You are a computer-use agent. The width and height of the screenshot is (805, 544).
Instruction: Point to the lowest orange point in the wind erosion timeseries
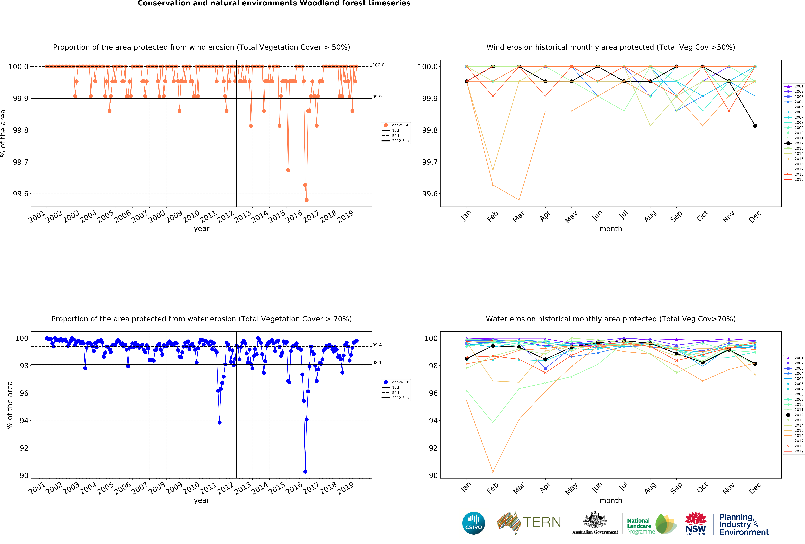306,200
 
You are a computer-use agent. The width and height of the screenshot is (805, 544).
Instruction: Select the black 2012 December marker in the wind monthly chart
755,126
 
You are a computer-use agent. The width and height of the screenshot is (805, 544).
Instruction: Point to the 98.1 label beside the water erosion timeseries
377,363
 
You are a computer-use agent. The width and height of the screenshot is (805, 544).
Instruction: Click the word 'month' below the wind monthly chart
611,229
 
